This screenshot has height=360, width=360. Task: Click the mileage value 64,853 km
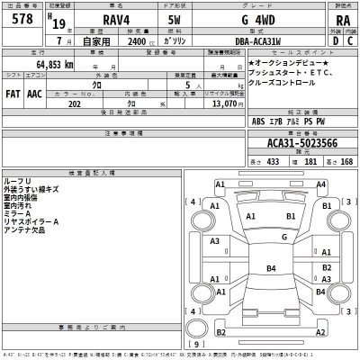click(x=55, y=65)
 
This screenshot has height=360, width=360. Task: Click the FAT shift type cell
click(x=13, y=93)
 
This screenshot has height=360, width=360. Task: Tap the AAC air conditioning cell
click(x=34, y=93)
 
